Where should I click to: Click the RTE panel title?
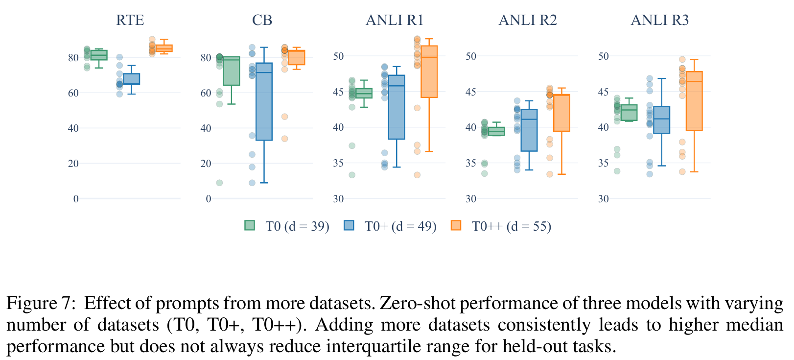tap(130, 20)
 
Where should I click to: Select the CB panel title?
tap(262, 20)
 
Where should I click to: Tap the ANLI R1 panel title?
tap(395, 20)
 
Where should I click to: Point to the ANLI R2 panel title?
tap(528, 20)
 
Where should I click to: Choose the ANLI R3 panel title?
tap(660, 20)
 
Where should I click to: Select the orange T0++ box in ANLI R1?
tap(429, 72)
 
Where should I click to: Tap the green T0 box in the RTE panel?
tap(99, 55)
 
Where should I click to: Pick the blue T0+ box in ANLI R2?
tap(529, 130)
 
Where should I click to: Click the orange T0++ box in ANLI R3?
tap(694, 101)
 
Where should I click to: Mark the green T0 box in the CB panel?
tap(231, 71)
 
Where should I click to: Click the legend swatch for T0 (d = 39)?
tap(250, 225)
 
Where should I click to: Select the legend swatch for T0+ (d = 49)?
tap(349, 225)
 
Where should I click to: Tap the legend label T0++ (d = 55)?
tap(512, 226)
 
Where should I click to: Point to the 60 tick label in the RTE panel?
tap(73, 93)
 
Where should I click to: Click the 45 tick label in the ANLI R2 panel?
tap(470, 92)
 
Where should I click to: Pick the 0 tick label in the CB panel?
tap(209, 199)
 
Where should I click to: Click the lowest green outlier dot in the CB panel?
tap(219, 183)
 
